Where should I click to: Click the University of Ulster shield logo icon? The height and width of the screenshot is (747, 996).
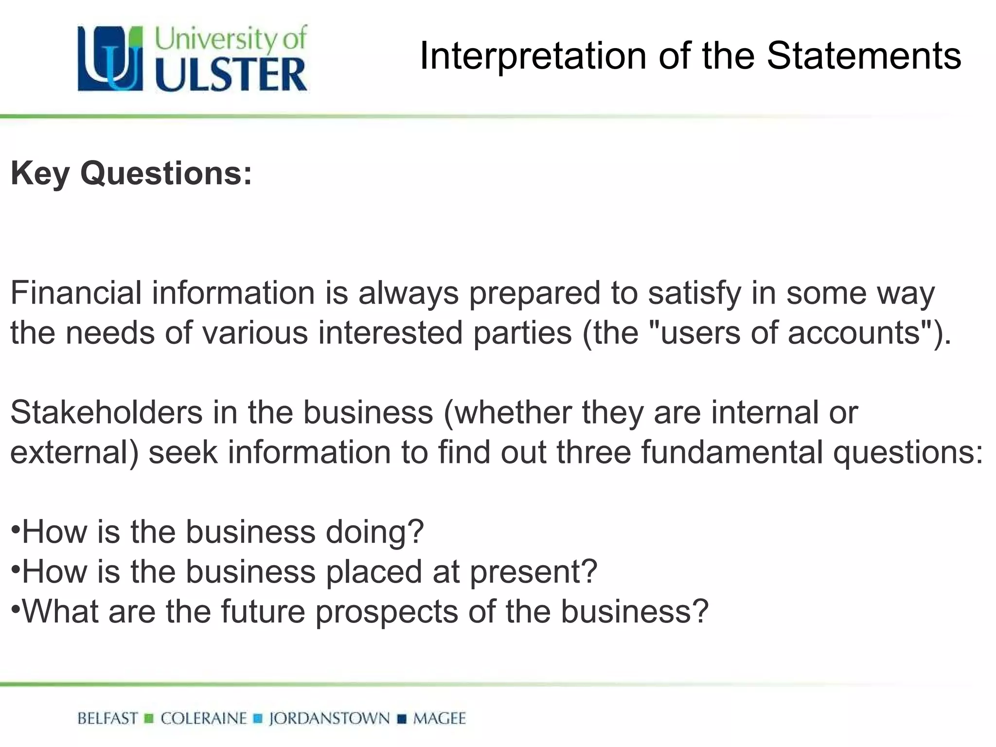coord(110,58)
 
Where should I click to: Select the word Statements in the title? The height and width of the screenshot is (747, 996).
coord(864,56)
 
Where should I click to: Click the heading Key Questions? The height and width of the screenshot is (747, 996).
coord(131,173)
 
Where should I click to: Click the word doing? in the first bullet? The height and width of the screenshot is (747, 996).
coord(374,532)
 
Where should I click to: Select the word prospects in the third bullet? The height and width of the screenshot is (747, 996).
coord(387,612)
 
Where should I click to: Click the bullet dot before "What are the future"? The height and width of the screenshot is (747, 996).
coord(16,608)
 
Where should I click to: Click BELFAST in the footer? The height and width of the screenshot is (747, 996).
coord(107,718)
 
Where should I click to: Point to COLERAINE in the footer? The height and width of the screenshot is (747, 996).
coord(204,718)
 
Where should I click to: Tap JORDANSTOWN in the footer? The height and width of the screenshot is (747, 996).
coord(329,718)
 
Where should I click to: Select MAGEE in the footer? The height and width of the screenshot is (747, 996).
coord(439,718)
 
